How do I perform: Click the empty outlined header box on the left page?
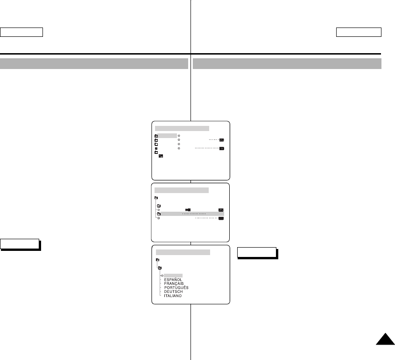click(21, 32)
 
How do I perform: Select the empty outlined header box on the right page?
click(359, 32)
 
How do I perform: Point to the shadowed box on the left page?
click(20, 244)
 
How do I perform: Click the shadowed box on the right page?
click(257, 252)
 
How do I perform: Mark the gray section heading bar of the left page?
click(94, 63)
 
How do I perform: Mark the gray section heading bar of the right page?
click(287, 63)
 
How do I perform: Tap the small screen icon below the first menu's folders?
click(161, 156)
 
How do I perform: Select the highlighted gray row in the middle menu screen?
click(190, 214)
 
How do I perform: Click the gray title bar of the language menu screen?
click(183, 252)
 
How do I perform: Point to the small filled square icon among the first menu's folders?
click(156, 148)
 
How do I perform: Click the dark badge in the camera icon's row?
click(221, 210)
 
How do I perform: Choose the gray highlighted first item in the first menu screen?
click(167, 136)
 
